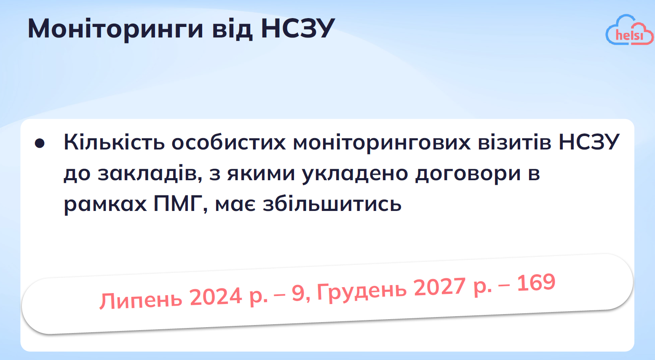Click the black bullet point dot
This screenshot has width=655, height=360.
tap(40, 143)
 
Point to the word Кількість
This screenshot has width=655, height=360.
tap(114, 142)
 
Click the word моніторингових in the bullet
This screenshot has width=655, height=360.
tap(382, 142)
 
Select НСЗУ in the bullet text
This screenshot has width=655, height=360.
tap(589, 142)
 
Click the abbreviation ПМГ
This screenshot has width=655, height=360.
tap(181, 204)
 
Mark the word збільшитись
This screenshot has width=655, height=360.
tap(332, 204)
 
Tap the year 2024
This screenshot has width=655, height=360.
tap(216, 296)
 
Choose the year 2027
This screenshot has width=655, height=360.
tap(440, 287)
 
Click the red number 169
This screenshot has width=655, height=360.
tap(536, 283)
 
